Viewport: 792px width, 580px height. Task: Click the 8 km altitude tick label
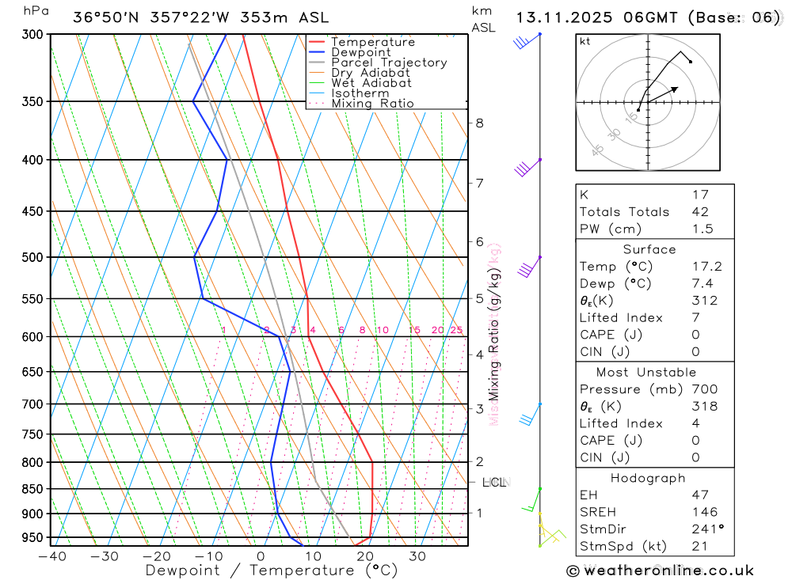(x=479, y=123)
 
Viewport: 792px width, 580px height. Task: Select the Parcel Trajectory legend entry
(x=389, y=63)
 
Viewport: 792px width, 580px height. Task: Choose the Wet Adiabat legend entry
(x=371, y=83)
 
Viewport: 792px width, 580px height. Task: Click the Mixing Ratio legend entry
(x=372, y=104)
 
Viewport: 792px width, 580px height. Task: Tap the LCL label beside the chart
(x=493, y=482)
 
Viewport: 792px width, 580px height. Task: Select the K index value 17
(x=700, y=195)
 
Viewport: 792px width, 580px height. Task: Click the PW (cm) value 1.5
(x=703, y=229)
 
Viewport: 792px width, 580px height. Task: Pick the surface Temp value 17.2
(x=706, y=267)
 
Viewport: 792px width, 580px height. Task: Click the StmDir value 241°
(x=707, y=529)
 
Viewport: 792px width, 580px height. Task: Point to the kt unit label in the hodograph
(x=584, y=41)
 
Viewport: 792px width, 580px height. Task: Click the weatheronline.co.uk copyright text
(x=660, y=571)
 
